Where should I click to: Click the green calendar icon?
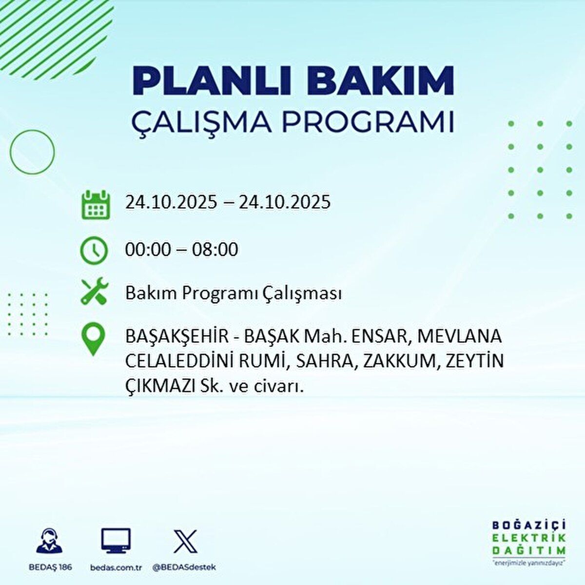click(94, 204)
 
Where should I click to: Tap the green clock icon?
click(94, 251)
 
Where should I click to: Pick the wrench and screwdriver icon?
click(94, 291)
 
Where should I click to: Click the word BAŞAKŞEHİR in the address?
click(176, 337)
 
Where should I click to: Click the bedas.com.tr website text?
click(116, 567)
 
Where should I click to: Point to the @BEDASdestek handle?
click(184, 567)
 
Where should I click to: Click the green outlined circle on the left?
click(32, 152)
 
